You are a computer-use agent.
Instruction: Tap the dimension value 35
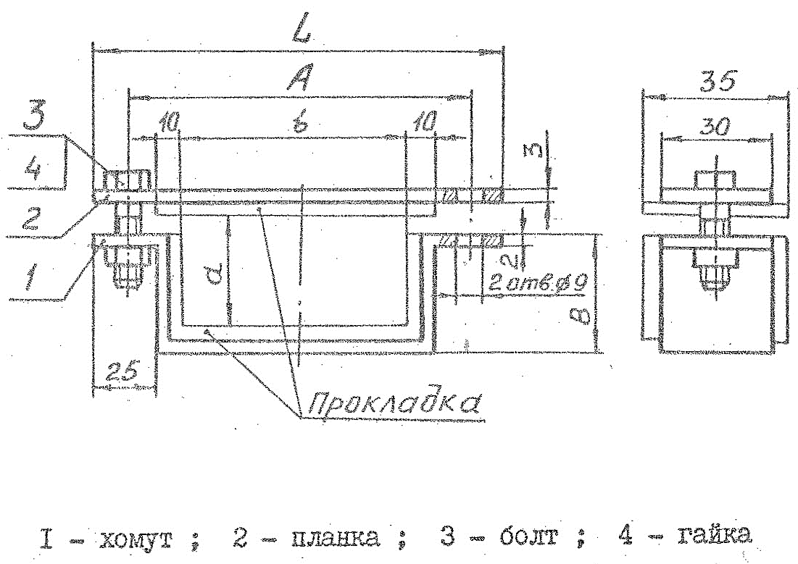click(x=715, y=81)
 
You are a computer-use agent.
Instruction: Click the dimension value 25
click(x=121, y=374)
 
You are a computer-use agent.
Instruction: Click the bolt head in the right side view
click(x=715, y=178)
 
